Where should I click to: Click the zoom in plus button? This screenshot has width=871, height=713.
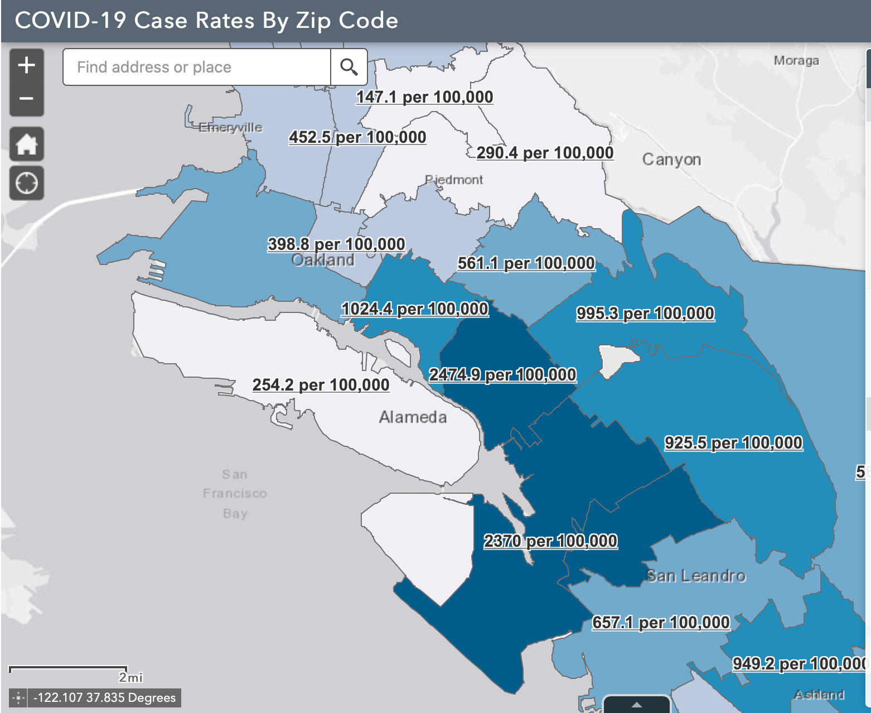[x=26, y=65]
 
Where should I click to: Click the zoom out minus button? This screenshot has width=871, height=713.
[x=26, y=99]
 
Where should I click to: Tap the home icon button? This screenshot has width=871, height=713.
[x=26, y=144]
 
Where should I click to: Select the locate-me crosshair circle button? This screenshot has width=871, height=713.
[x=26, y=183]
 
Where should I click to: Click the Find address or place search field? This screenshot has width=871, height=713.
[x=196, y=67]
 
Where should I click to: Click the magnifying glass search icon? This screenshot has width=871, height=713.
[x=349, y=67]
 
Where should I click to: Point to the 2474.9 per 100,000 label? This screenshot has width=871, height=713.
[x=502, y=374]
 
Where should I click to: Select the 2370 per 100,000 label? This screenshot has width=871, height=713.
[x=550, y=541]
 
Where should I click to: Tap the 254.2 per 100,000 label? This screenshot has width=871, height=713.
[x=321, y=385]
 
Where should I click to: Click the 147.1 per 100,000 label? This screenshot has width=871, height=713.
[x=424, y=97]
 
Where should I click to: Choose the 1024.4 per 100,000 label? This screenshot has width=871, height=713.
[x=415, y=309]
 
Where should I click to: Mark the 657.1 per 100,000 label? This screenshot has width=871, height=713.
[x=661, y=622]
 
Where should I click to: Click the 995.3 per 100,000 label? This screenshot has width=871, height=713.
[x=645, y=313]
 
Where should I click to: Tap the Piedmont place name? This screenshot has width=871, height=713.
[x=454, y=180]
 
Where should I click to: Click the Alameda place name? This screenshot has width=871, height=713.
[x=413, y=417]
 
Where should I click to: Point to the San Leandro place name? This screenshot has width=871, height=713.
[x=696, y=575]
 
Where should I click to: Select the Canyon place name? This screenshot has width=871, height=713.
[x=671, y=160]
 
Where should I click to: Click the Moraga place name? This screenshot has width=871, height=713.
[x=796, y=60]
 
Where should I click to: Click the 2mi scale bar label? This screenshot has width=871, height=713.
[x=130, y=677]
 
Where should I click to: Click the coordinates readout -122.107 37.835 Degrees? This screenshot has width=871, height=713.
[x=104, y=697]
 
